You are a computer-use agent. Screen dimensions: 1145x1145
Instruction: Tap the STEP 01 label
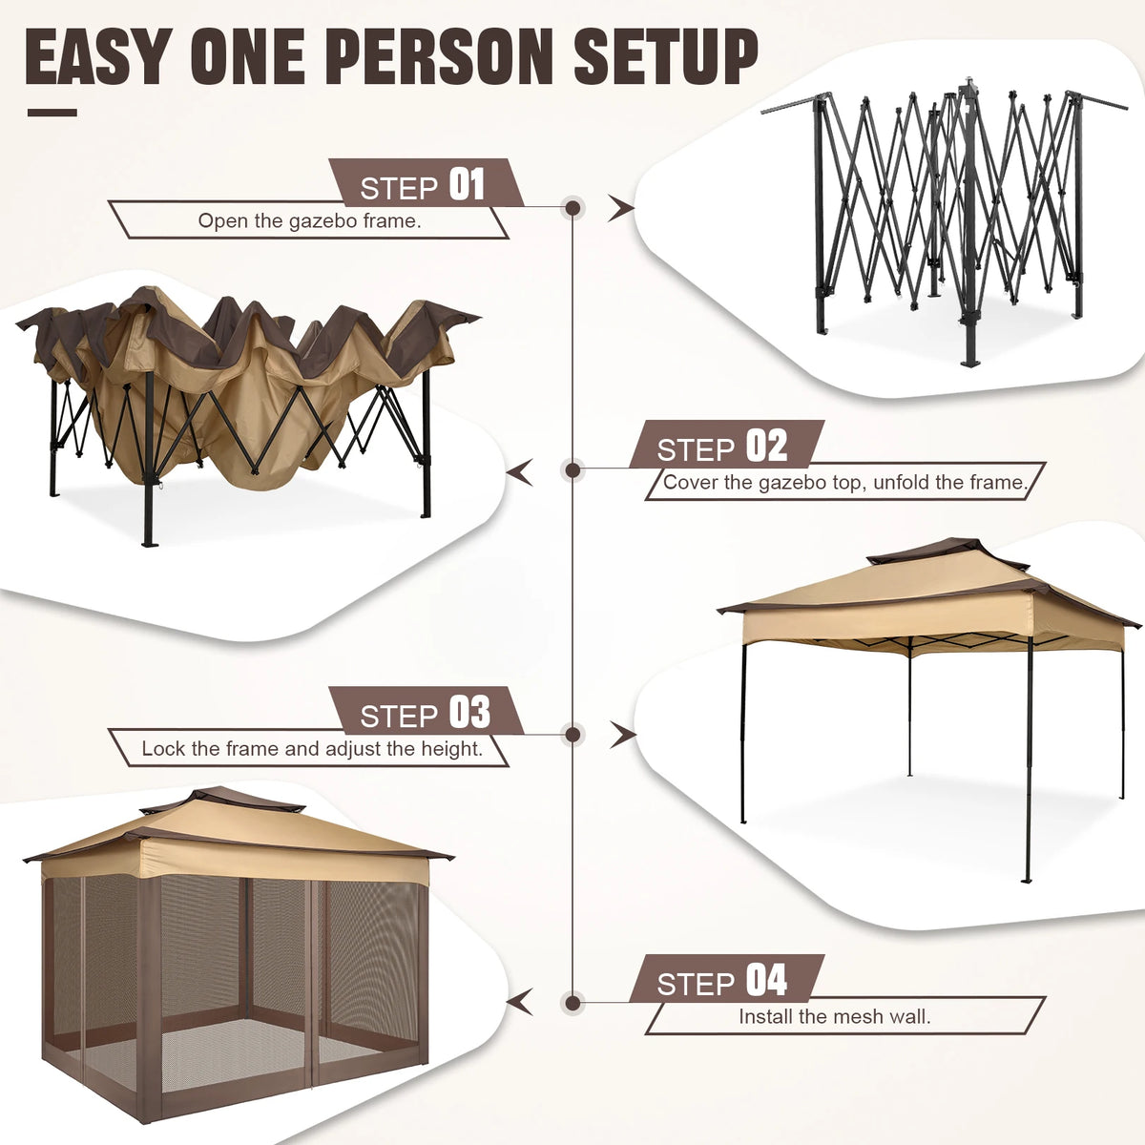pos(424,184)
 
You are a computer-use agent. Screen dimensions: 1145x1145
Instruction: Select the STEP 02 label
pos(723,446)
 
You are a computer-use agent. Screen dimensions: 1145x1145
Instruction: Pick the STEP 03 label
pos(426,713)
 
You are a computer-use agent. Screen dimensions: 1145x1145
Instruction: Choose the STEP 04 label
pos(723,980)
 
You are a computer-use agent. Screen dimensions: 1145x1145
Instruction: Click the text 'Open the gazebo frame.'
pos(309,221)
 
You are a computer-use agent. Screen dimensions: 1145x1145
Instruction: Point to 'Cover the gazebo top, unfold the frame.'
pos(844,483)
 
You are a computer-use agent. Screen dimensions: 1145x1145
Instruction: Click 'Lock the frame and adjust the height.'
pos(312,749)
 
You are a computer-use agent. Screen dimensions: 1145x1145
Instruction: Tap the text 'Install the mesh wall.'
pos(834,1017)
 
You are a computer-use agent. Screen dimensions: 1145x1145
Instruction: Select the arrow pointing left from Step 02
pos(520,471)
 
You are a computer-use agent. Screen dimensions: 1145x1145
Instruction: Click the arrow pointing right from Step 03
pos(622,734)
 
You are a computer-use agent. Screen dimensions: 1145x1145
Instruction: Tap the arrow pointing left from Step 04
pos(520,1003)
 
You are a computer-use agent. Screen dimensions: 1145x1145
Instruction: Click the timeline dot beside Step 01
pos(573,207)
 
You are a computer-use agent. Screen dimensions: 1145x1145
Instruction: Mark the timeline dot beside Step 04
pos(573,1003)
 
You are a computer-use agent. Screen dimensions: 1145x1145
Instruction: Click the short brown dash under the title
pos(52,113)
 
